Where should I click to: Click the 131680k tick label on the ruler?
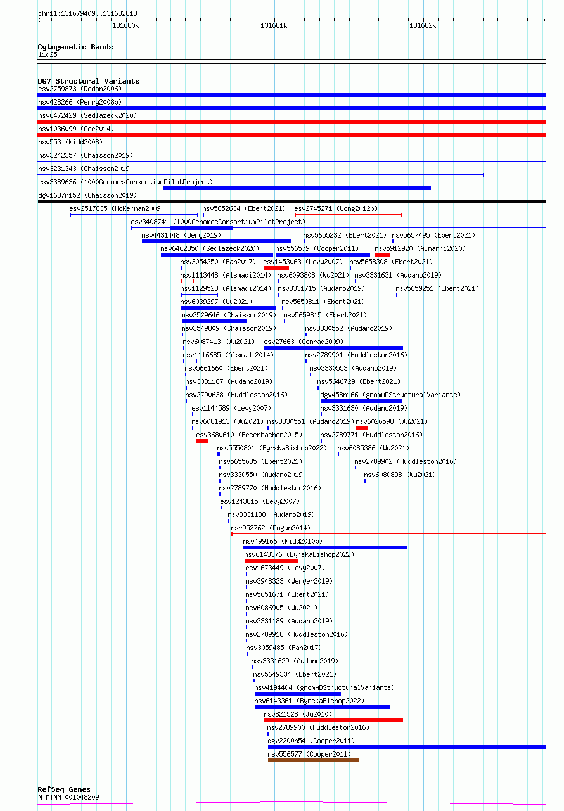tap(125, 26)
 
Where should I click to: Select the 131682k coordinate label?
tap(423, 26)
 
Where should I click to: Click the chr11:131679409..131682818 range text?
tap(87, 13)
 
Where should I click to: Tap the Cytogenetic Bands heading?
tap(75, 47)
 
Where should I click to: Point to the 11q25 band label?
tap(48, 54)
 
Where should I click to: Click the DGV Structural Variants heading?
tap(88, 81)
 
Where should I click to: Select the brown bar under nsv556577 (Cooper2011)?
tap(314, 760)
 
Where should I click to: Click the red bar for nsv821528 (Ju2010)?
tap(333, 720)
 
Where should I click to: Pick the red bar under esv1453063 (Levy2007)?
tap(276, 268)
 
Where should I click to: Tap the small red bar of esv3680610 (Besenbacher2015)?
tap(202, 441)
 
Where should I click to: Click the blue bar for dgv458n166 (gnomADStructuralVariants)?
tap(361, 401)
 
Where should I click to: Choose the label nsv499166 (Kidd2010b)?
tap(283, 541)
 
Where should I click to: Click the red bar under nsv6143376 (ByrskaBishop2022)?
tap(271, 561)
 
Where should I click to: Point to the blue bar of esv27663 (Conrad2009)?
tap(333, 348)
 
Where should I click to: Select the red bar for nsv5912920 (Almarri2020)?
tap(382, 255)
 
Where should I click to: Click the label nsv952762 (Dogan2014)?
tap(271, 528)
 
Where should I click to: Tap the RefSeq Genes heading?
tap(64, 789)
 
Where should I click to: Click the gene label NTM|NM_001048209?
tap(68, 797)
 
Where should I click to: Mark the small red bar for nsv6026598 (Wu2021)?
tap(362, 428)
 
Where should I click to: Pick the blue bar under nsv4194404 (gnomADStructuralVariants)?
tap(298, 694)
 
